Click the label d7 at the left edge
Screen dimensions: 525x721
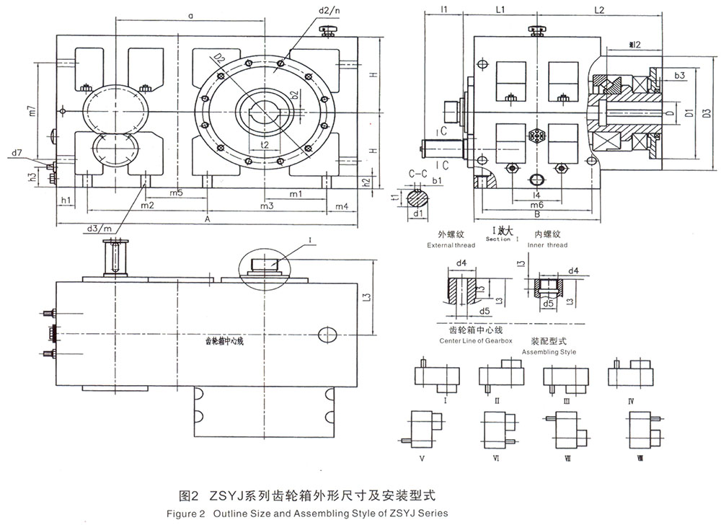pyautogui.click(x=17, y=153)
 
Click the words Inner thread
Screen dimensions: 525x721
pyautogui.click(x=548, y=245)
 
